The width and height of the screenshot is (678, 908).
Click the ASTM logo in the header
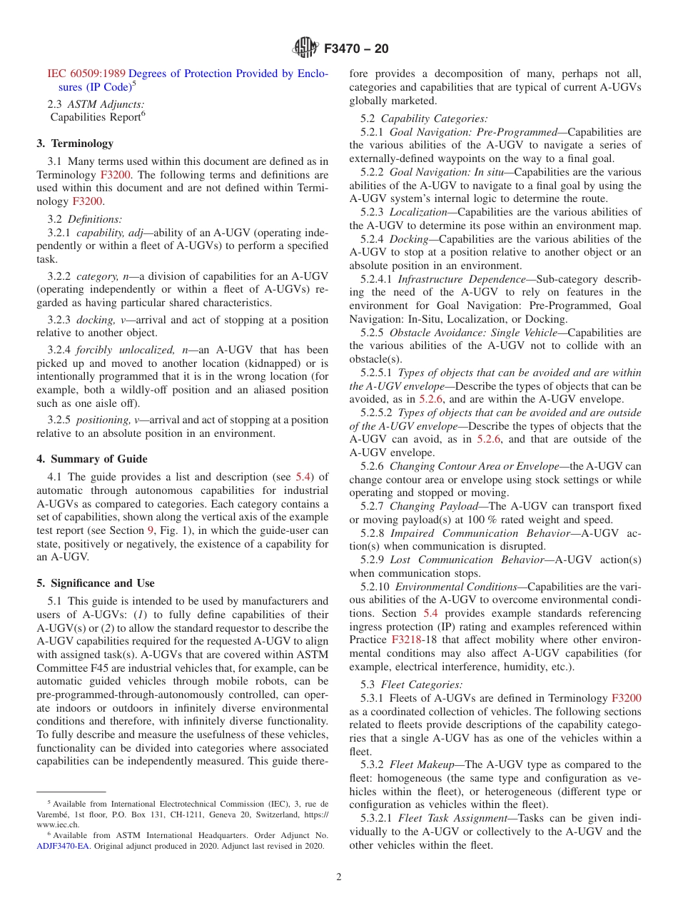305,49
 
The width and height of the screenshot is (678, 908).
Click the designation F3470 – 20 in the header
355,49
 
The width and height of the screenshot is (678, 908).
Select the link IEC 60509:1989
86,74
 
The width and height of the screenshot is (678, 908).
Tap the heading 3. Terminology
75,143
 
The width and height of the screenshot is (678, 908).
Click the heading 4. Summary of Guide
92,458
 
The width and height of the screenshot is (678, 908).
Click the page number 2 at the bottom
339,877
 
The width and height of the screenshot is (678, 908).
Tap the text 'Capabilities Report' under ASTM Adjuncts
95,117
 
